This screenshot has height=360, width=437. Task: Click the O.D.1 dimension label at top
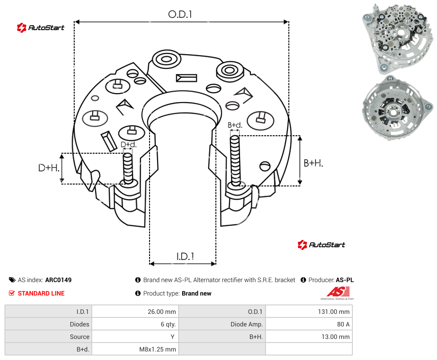tap(180, 14)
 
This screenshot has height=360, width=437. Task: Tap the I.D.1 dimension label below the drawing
tap(185, 257)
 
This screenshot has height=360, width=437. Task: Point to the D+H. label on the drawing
tap(49, 168)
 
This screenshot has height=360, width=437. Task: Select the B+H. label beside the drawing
tap(313, 163)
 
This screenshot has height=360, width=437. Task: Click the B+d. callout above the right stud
tap(235, 125)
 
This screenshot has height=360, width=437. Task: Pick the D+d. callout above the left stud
tap(129, 144)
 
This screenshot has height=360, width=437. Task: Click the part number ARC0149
tap(58, 280)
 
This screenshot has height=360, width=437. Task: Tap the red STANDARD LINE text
tap(41, 293)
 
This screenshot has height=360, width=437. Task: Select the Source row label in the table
tap(79, 337)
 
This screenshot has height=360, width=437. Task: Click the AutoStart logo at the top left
tap(41, 28)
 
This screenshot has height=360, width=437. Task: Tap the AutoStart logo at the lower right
tap(321, 245)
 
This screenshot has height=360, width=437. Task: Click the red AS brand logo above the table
tap(338, 293)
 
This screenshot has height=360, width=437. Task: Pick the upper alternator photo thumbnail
tap(398, 39)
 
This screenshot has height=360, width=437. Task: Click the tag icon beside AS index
tap(12, 280)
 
